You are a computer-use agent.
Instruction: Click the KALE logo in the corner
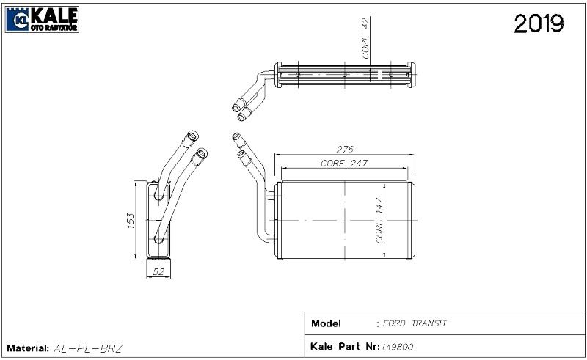(x=43, y=18)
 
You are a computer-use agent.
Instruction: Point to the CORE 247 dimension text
(x=343, y=163)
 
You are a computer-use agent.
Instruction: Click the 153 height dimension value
(x=129, y=220)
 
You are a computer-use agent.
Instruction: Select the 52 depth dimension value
(x=156, y=271)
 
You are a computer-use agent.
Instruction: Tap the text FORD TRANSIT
(x=415, y=323)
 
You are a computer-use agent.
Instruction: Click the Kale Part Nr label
(x=344, y=344)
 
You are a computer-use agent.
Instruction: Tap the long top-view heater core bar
(x=345, y=76)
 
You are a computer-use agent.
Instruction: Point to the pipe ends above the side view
(x=196, y=144)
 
